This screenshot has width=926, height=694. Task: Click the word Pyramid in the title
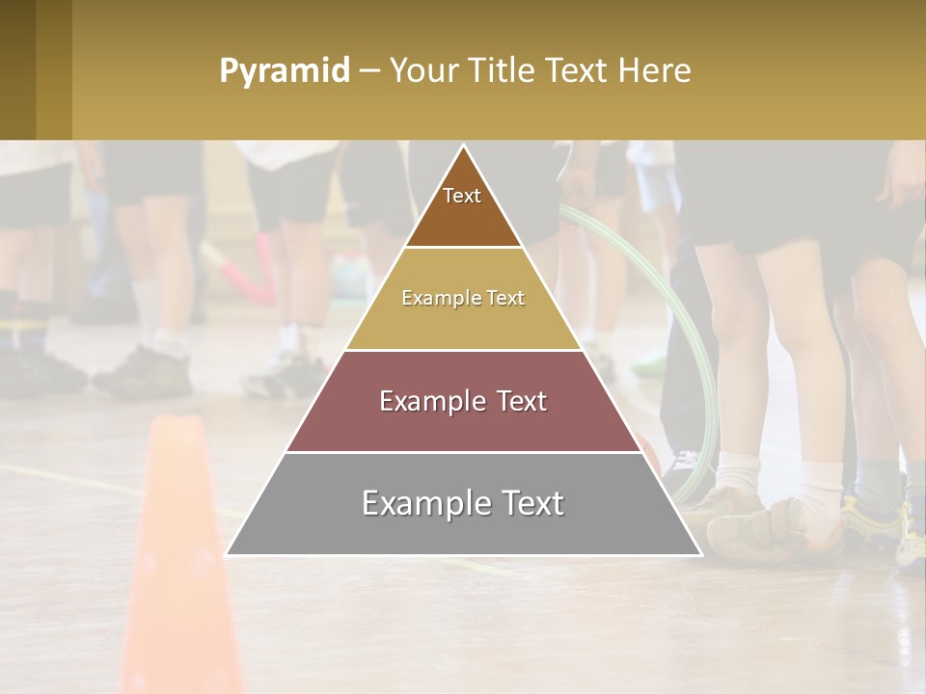[285, 71]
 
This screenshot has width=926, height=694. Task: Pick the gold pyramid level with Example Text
[463, 299]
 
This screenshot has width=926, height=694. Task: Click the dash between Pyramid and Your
[368, 71]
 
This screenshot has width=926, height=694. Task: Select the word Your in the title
[421, 71]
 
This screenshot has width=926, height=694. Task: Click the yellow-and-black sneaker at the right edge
[907, 535]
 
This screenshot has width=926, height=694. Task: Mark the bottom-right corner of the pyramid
[699, 554]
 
